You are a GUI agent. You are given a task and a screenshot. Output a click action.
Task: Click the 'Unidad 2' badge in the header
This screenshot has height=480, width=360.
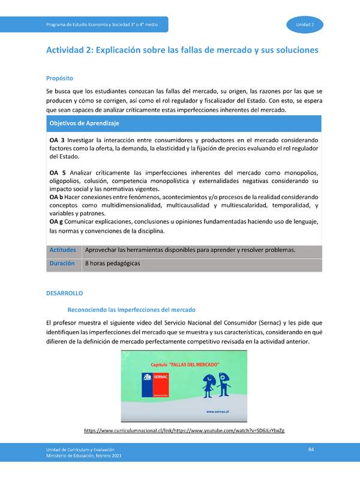310,24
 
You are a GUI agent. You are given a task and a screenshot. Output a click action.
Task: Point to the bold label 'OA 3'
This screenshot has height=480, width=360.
57,140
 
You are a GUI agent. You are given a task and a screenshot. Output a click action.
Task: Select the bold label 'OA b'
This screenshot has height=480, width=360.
56,197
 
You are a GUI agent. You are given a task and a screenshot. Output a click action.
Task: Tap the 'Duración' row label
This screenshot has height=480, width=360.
62,263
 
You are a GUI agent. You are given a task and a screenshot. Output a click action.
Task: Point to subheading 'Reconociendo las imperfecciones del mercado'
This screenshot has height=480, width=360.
131,310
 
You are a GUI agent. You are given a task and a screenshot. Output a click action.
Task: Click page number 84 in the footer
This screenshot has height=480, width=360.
311,449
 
